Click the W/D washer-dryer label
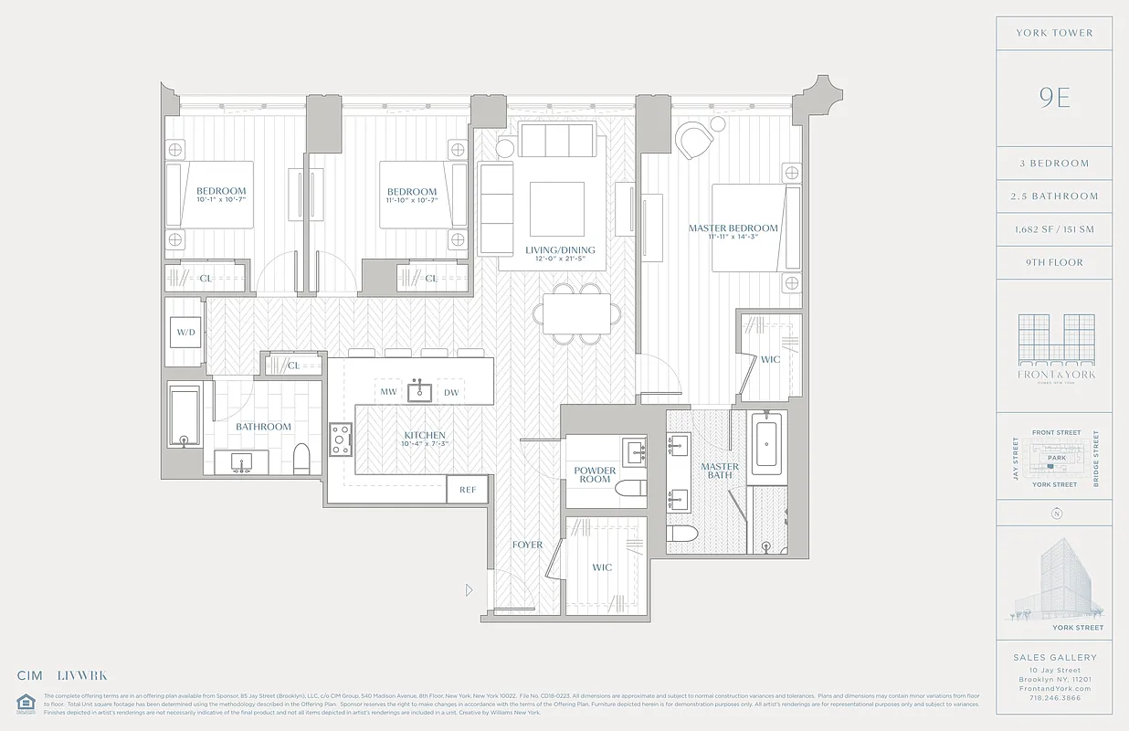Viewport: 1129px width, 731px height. pos(185,332)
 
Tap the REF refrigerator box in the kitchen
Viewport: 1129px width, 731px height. pos(468,490)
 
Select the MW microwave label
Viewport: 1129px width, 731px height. pos(387,392)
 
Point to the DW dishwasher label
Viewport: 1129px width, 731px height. pos(451,392)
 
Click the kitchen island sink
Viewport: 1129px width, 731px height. pos(419,390)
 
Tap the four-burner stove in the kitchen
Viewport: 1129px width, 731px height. pos(341,440)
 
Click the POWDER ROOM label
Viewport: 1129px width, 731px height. pos(595,474)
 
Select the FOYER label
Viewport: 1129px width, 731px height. pos(527,545)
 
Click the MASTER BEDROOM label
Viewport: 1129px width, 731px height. pos(733,228)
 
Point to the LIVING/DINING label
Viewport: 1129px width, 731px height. pos(560,250)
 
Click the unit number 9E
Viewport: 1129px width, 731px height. pos(1053,98)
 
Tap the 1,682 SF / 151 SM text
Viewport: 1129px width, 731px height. pos(1053,229)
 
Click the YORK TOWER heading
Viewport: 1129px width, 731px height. pos(1053,33)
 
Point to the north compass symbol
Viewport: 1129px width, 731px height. pos(1056,514)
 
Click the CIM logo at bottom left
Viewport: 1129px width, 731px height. pos(30,676)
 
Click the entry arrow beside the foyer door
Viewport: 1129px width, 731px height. pos(470,590)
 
